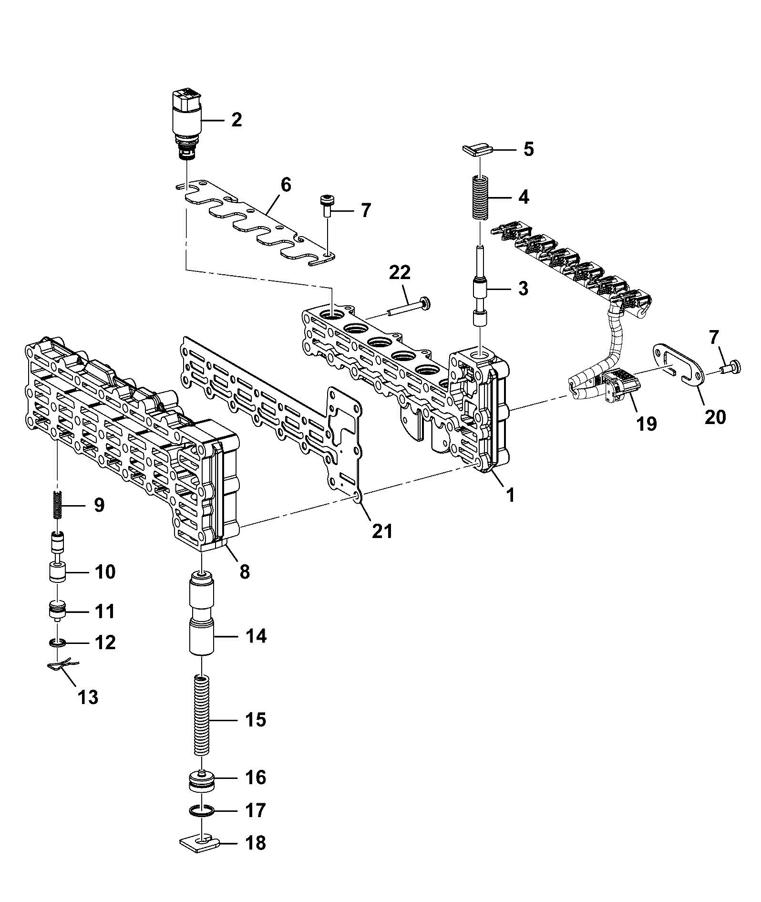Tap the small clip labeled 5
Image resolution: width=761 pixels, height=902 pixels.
(477, 150)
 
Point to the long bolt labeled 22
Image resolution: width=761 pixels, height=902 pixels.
(408, 307)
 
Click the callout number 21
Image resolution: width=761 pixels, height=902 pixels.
(382, 530)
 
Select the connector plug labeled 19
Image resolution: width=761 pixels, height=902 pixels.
(618, 387)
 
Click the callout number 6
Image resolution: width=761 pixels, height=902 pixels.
(285, 185)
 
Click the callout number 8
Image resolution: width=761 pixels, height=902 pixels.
(244, 571)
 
